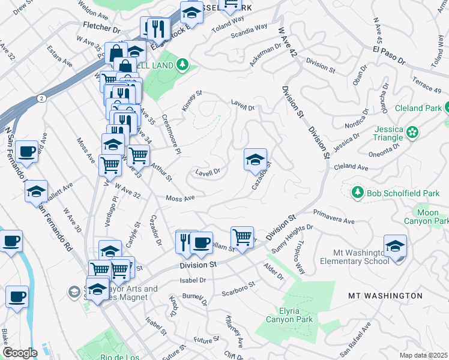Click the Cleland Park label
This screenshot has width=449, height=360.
[x=418, y=109]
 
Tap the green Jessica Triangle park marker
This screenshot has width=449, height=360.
[x=412, y=131]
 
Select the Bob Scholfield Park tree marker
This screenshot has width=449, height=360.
[x=357, y=191]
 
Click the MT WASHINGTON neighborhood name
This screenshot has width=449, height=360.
[x=385, y=296]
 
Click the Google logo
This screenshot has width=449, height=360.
[x=20, y=353]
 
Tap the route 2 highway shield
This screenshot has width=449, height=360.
[x=40, y=98]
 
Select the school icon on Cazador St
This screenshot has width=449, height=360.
[x=255, y=160]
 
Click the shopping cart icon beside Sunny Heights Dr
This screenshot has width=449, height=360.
[x=242, y=236]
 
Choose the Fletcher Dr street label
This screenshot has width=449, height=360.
[x=103, y=28]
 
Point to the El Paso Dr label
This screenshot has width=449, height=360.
[x=406, y=51]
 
